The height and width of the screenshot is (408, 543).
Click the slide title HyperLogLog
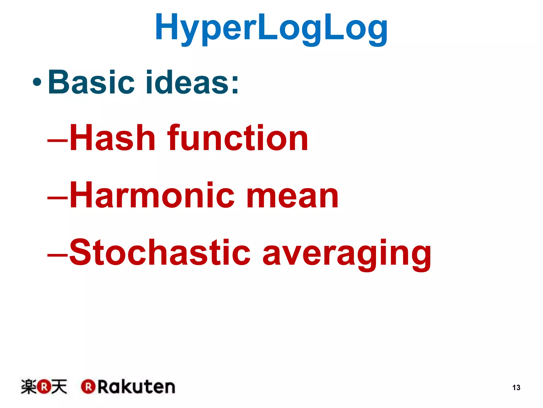pyautogui.click(x=271, y=28)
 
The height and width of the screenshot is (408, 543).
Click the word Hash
pyautogui.click(x=112, y=138)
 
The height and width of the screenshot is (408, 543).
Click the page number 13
pyautogui.click(x=516, y=388)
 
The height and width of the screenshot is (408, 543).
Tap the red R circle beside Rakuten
pyautogui.click(x=88, y=387)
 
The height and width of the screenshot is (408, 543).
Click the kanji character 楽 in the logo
pyautogui.click(x=29, y=386)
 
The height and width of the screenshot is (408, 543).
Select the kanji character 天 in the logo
pyautogui.click(x=59, y=386)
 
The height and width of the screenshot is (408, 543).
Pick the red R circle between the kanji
pyautogui.click(x=44, y=387)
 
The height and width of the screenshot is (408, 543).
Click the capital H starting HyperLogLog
pyautogui.click(x=166, y=27)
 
